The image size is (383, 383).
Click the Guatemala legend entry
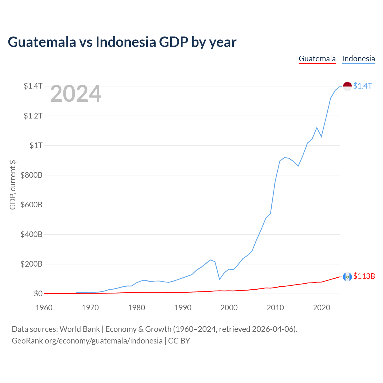pos(317,59)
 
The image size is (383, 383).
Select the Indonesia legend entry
pos(358,59)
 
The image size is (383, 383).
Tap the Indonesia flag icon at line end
pos(347,86)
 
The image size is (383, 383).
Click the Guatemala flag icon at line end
pos(347,277)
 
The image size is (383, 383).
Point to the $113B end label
pos(364,276)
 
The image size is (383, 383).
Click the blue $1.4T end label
pos(362,86)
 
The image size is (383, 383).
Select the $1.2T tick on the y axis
pos(33,116)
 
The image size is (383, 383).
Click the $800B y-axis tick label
pos(31,175)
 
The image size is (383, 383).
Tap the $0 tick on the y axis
pos(38,294)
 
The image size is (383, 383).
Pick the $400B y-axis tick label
pos(31,234)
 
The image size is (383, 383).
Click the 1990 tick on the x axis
pos(183,308)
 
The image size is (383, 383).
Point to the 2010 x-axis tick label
pos(275,308)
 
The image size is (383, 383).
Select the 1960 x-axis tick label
pos(44,308)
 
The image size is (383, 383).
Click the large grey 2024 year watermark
pos(76,94)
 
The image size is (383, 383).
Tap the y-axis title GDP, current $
pos(13,185)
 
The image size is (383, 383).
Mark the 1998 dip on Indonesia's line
pos(220,279)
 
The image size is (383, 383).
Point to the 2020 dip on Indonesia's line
pos(321,136)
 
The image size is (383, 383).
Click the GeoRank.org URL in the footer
pos(87,341)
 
